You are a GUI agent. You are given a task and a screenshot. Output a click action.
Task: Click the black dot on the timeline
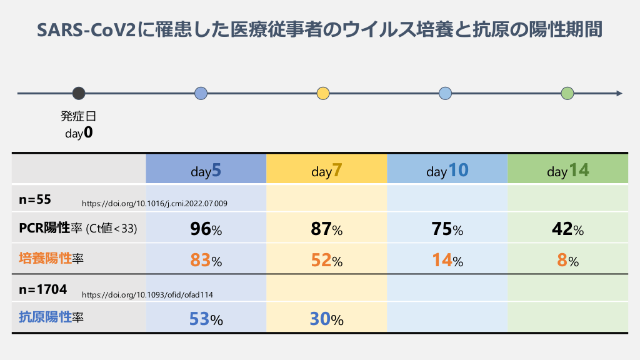(79, 94)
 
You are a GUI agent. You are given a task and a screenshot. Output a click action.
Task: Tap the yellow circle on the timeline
(323, 94)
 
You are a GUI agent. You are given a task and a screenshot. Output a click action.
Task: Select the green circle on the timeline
(567, 94)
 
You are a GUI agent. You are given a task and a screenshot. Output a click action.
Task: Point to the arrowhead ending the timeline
(619, 94)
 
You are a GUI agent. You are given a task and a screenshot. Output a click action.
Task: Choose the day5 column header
(206, 170)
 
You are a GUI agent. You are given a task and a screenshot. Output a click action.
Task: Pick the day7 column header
(327, 170)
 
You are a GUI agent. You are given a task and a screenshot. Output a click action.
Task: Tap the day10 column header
(447, 170)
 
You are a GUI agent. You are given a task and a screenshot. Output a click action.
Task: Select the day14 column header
(568, 170)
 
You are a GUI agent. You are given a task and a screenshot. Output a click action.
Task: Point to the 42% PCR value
(568, 229)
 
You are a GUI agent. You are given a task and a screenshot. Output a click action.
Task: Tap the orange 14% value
(447, 260)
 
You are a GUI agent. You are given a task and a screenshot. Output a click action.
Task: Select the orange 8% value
(568, 260)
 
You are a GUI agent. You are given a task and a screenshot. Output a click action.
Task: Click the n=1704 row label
(43, 289)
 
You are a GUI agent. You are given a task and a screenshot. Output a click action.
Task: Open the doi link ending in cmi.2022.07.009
(154, 204)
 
